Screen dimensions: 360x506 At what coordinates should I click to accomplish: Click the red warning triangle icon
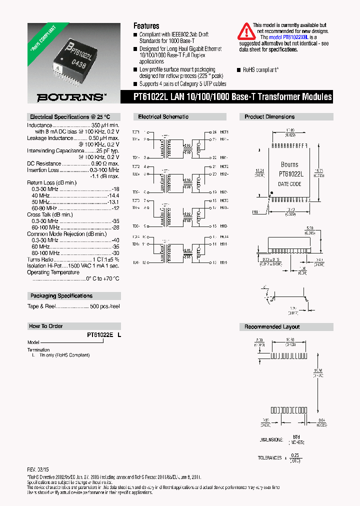(x=245, y=31)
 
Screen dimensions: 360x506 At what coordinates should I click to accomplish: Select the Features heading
(x=146, y=26)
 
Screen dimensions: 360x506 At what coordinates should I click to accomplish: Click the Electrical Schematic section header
(x=163, y=117)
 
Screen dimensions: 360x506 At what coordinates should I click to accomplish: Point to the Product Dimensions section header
(x=269, y=117)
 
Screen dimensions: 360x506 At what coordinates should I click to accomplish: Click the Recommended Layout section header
(x=272, y=327)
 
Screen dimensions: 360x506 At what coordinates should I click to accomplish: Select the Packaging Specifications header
(x=61, y=296)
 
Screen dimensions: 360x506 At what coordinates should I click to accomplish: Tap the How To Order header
(x=45, y=326)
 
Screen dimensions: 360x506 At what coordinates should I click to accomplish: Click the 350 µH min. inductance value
(x=105, y=125)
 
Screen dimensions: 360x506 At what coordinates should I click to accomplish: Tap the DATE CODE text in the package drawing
(x=289, y=184)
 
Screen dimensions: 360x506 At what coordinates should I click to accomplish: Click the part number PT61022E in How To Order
(x=100, y=335)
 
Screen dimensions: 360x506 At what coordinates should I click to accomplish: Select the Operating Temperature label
(x=52, y=272)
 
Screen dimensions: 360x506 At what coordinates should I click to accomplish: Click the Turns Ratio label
(x=40, y=260)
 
